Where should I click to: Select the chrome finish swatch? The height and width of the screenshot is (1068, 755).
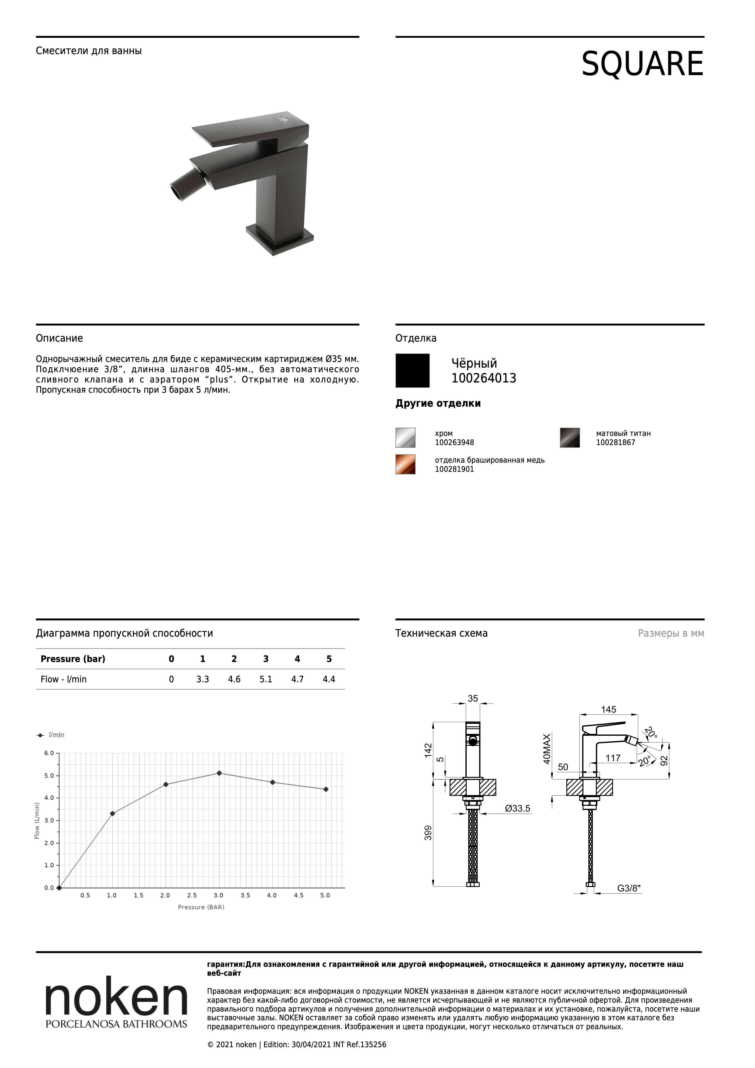click(x=405, y=438)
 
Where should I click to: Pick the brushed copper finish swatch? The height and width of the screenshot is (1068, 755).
click(x=405, y=464)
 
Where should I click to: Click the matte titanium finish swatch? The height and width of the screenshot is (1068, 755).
click(x=570, y=438)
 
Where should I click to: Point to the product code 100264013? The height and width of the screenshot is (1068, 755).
click(x=484, y=378)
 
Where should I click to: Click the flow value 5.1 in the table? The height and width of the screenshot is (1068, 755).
click(x=266, y=679)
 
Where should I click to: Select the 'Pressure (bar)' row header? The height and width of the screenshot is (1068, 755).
click(x=73, y=659)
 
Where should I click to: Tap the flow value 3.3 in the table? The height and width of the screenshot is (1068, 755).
click(x=202, y=679)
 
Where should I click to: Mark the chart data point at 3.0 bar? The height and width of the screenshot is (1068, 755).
click(x=219, y=773)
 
